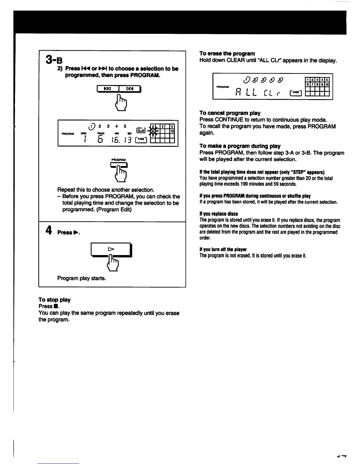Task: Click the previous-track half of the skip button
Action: coord(108,88)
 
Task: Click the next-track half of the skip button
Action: coord(129,88)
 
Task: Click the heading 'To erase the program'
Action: coord(227,54)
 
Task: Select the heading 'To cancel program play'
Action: coord(230,113)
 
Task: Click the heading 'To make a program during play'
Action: coord(240,146)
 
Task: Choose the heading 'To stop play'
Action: coord(54,300)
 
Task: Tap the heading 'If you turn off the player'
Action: coord(223,249)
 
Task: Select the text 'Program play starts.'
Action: coord(81,278)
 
